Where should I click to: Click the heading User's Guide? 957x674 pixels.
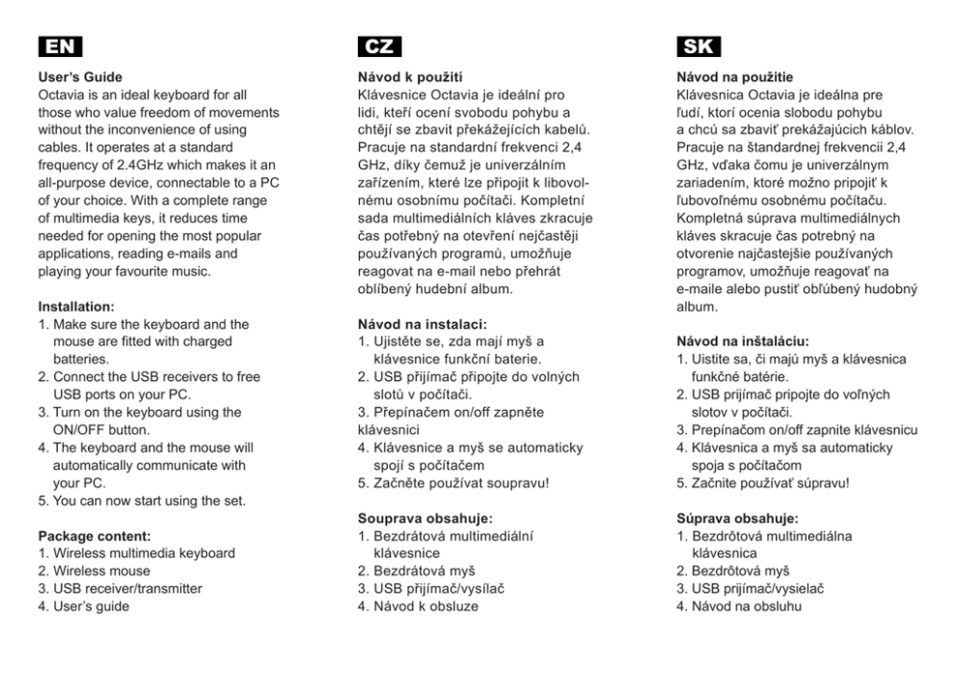click(x=80, y=77)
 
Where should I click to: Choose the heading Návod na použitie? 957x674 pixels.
click(x=735, y=77)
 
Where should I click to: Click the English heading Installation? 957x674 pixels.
click(x=76, y=307)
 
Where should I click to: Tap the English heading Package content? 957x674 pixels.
click(x=95, y=535)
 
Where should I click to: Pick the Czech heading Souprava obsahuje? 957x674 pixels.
click(x=425, y=518)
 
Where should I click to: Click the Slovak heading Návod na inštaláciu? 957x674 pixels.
click(x=743, y=341)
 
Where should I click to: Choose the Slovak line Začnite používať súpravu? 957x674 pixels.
click(x=770, y=483)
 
